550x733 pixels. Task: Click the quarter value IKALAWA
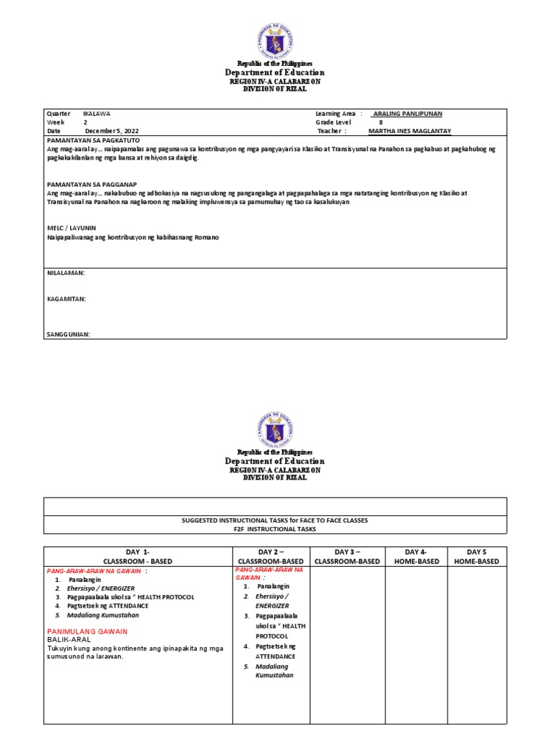(97, 114)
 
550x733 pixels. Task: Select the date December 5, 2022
(112, 131)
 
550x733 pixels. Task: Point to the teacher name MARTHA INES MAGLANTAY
(410, 131)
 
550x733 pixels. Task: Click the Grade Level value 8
(381, 122)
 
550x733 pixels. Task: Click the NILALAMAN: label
(66, 273)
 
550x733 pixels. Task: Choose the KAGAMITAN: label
(67, 298)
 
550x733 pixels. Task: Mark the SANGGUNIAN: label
(69, 334)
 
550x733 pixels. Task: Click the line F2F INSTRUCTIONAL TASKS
(275, 529)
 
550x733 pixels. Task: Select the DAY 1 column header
(139, 556)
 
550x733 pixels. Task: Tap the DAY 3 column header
(347, 556)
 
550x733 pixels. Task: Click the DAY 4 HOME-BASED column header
(415, 556)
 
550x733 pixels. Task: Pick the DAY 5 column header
(476, 556)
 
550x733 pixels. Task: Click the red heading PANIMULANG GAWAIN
(87, 631)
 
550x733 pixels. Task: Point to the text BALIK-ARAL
(70, 639)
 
